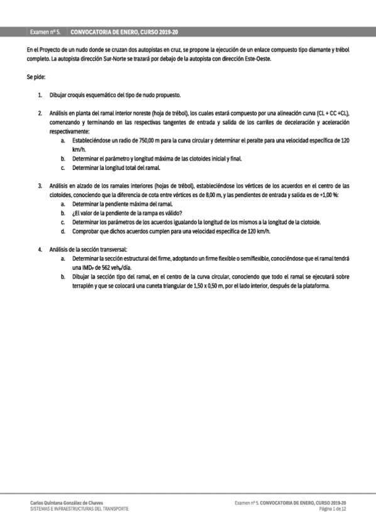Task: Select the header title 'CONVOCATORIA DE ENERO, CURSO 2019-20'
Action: [x=125, y=31]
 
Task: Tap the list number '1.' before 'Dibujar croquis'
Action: [x=40, y=95]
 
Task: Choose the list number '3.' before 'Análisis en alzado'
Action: [x=40, y=186]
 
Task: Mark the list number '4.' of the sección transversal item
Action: [x=40, y=250]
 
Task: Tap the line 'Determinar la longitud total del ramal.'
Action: [x=117, y=168]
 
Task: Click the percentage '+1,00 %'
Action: [x=326, y=195]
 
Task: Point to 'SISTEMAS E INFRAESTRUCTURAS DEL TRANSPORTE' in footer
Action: [x=79, y=509]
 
